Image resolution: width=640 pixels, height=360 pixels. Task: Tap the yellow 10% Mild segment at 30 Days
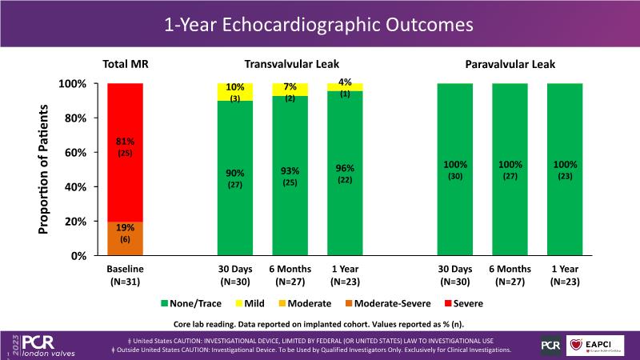coord(236,91)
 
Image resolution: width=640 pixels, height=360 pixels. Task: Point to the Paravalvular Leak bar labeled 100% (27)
coord(510,170)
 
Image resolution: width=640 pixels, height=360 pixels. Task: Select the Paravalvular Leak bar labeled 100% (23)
coord(565,170)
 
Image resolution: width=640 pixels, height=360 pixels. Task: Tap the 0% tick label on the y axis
coord(78,256)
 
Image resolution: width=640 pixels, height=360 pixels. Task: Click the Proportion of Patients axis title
coord(44,170)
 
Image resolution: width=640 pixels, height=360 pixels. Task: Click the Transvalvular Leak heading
coord(290,64)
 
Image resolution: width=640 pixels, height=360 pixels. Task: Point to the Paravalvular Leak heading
coord(510,64)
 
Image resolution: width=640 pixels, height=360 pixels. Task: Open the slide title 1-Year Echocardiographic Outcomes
coord(319,24)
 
